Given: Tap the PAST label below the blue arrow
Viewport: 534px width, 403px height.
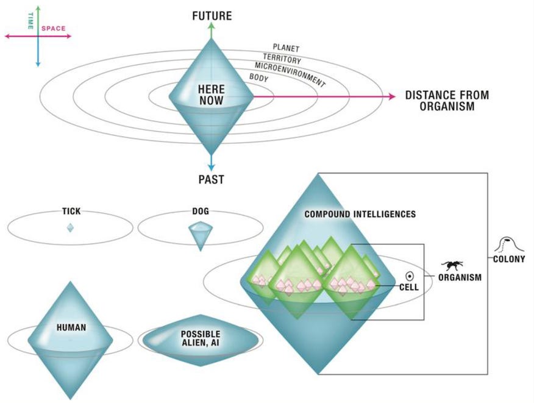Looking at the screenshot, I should click(x=211, y=179).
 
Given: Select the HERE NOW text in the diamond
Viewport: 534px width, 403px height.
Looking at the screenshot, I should click(x=211, y=95).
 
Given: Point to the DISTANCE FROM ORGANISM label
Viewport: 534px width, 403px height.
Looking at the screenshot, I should click(x=447, y=101).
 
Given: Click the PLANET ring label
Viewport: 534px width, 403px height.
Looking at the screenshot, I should click(x=286, y=47).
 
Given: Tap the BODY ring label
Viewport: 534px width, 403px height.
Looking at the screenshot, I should click(x=258, y=78).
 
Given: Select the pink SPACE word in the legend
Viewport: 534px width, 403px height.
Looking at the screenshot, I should click(x=53, y=28).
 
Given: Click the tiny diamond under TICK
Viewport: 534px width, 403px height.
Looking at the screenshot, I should click(x=70, y=227).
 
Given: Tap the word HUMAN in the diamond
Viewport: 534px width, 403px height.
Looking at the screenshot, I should click(x=71, y=327).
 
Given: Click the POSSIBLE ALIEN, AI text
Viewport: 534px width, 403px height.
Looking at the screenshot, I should click(x=200, y=338).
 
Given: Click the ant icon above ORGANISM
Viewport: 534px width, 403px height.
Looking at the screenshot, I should click(x=452, y=265).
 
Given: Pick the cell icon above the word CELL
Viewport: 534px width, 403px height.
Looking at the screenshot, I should click(x=410, y=275).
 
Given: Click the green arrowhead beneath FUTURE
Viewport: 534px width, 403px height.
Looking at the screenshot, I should click(x=211, y=27).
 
